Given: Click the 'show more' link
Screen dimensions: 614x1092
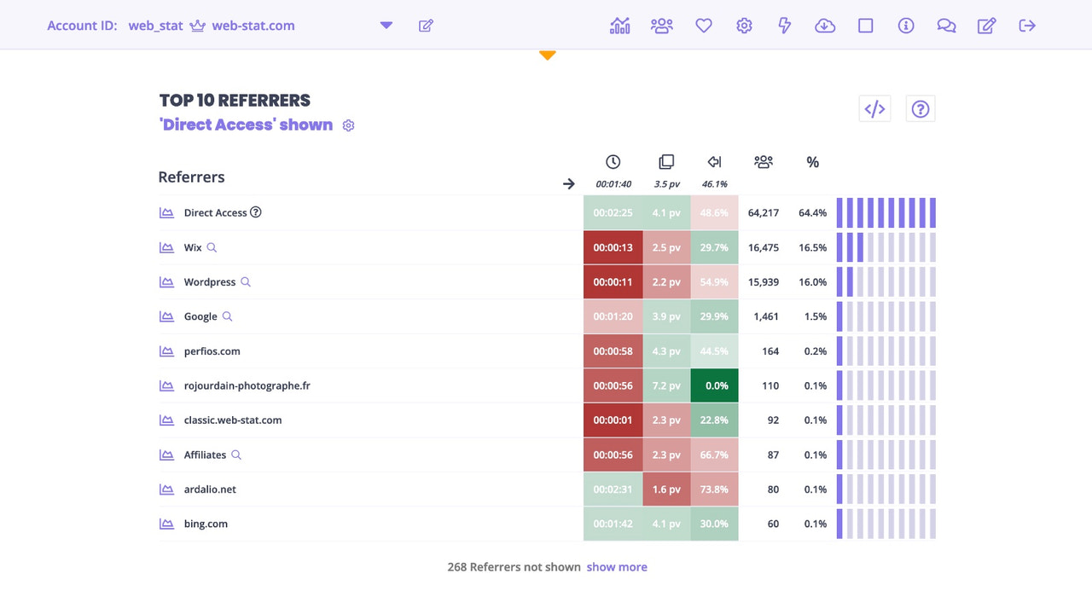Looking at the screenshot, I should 616,567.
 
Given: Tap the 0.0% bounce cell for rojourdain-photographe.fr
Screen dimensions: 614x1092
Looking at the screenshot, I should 715,385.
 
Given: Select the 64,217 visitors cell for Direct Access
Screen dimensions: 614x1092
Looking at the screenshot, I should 763,213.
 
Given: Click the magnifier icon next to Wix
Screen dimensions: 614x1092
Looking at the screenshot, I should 212,247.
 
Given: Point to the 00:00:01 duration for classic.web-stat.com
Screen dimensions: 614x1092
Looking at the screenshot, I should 613,420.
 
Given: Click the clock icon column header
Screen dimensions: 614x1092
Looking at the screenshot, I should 613,162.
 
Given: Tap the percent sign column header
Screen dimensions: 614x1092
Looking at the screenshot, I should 812,162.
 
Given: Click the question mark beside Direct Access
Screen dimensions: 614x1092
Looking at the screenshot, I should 255,212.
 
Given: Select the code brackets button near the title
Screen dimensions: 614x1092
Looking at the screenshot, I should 874,109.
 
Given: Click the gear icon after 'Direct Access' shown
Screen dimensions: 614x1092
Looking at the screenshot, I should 348,125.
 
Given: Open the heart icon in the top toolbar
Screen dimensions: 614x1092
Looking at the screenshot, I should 703,26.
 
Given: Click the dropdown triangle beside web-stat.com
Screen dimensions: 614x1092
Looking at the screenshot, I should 386,26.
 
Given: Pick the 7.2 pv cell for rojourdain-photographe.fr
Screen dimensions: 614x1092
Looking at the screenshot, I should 666,385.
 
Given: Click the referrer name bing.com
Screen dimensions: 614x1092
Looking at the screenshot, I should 206,524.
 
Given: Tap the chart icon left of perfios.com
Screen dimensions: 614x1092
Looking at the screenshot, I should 166,351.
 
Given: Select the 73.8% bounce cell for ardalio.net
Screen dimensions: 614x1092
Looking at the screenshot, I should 715,489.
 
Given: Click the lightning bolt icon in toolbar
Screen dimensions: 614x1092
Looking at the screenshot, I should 785,26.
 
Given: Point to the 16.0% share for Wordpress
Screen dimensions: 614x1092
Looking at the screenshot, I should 812,282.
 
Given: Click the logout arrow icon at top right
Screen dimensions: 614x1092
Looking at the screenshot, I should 1027,26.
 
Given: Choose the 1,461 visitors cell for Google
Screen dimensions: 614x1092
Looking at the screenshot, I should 766,316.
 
